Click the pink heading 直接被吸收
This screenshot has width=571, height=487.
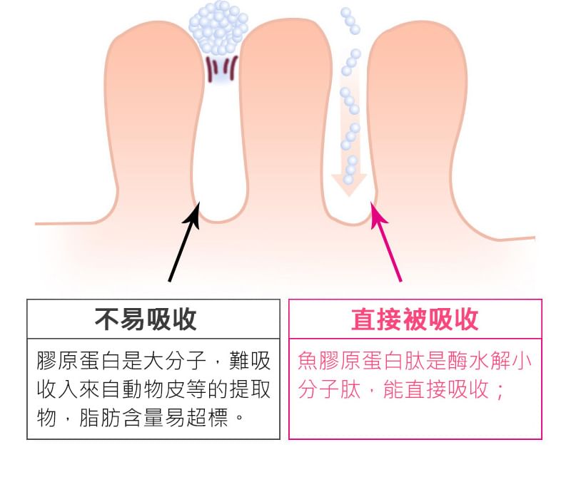[x=415, y=319]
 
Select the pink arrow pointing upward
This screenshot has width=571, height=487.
[x=385, y=242]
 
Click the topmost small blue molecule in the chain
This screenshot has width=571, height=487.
[x=345, y=12]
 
